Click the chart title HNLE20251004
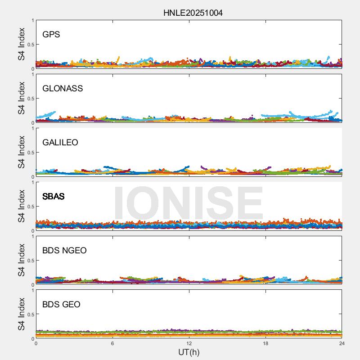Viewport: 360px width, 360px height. [x=193, y=13]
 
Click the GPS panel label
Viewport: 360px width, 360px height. [x=51, y=34]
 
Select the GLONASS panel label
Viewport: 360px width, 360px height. [x=63, y=88]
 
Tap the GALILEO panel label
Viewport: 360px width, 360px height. [x=60, y=142]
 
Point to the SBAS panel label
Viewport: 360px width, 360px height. [x=54, y=196]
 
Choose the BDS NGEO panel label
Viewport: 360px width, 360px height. [x=64, y=250]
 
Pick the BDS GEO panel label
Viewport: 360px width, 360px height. [x=61, y=304]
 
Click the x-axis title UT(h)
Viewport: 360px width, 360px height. [x=189, y=352]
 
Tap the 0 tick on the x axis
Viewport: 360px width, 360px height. [x=36, y=343]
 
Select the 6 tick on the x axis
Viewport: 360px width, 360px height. [x=112, y=343]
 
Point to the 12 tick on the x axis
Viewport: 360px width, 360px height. [x=189, y=343]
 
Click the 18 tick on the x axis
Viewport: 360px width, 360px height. [x=265, y=343]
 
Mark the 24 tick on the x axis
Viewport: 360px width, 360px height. [x=342, y=343]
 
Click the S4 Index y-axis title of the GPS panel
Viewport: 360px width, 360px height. [x=22, y=44]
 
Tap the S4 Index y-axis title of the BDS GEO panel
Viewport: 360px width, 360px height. [x=22, y=314]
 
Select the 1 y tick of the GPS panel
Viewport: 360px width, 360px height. [x=32, y=20]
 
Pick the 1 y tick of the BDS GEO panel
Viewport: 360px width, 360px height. [x=32, y=290]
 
